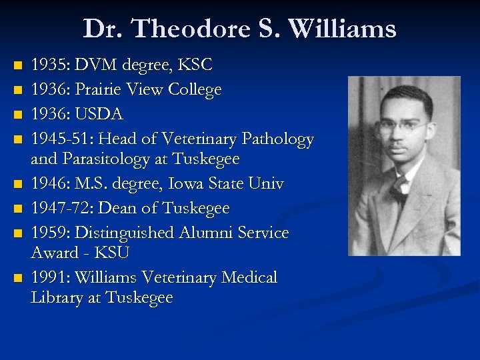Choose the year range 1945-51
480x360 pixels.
63,139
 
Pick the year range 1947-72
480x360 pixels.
63,209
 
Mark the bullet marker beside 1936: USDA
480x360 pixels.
18,115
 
